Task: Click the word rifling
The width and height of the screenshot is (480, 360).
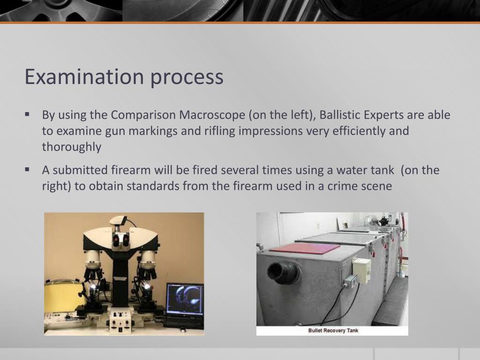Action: coord(220,131)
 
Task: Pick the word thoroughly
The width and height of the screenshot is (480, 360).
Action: coord(71,147)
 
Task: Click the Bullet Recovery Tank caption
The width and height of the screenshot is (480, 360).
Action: coord(333,330)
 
